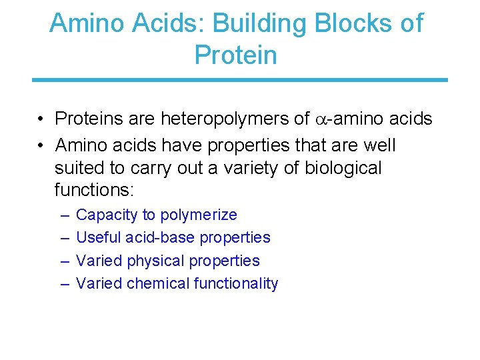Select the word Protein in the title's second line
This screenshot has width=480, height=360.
click(235, 55)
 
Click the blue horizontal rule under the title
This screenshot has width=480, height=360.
click(240, 80)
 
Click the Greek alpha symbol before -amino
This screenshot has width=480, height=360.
click(321, 120)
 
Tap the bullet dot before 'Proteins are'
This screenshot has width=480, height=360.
click(41, 120)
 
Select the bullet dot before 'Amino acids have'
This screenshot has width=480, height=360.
click(41, 145)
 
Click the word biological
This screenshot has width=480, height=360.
click(343, 167)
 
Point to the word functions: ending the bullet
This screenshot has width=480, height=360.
click(94, 190)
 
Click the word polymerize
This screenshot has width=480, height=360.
click(198, 215)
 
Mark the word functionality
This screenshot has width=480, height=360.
click(235, 283)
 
